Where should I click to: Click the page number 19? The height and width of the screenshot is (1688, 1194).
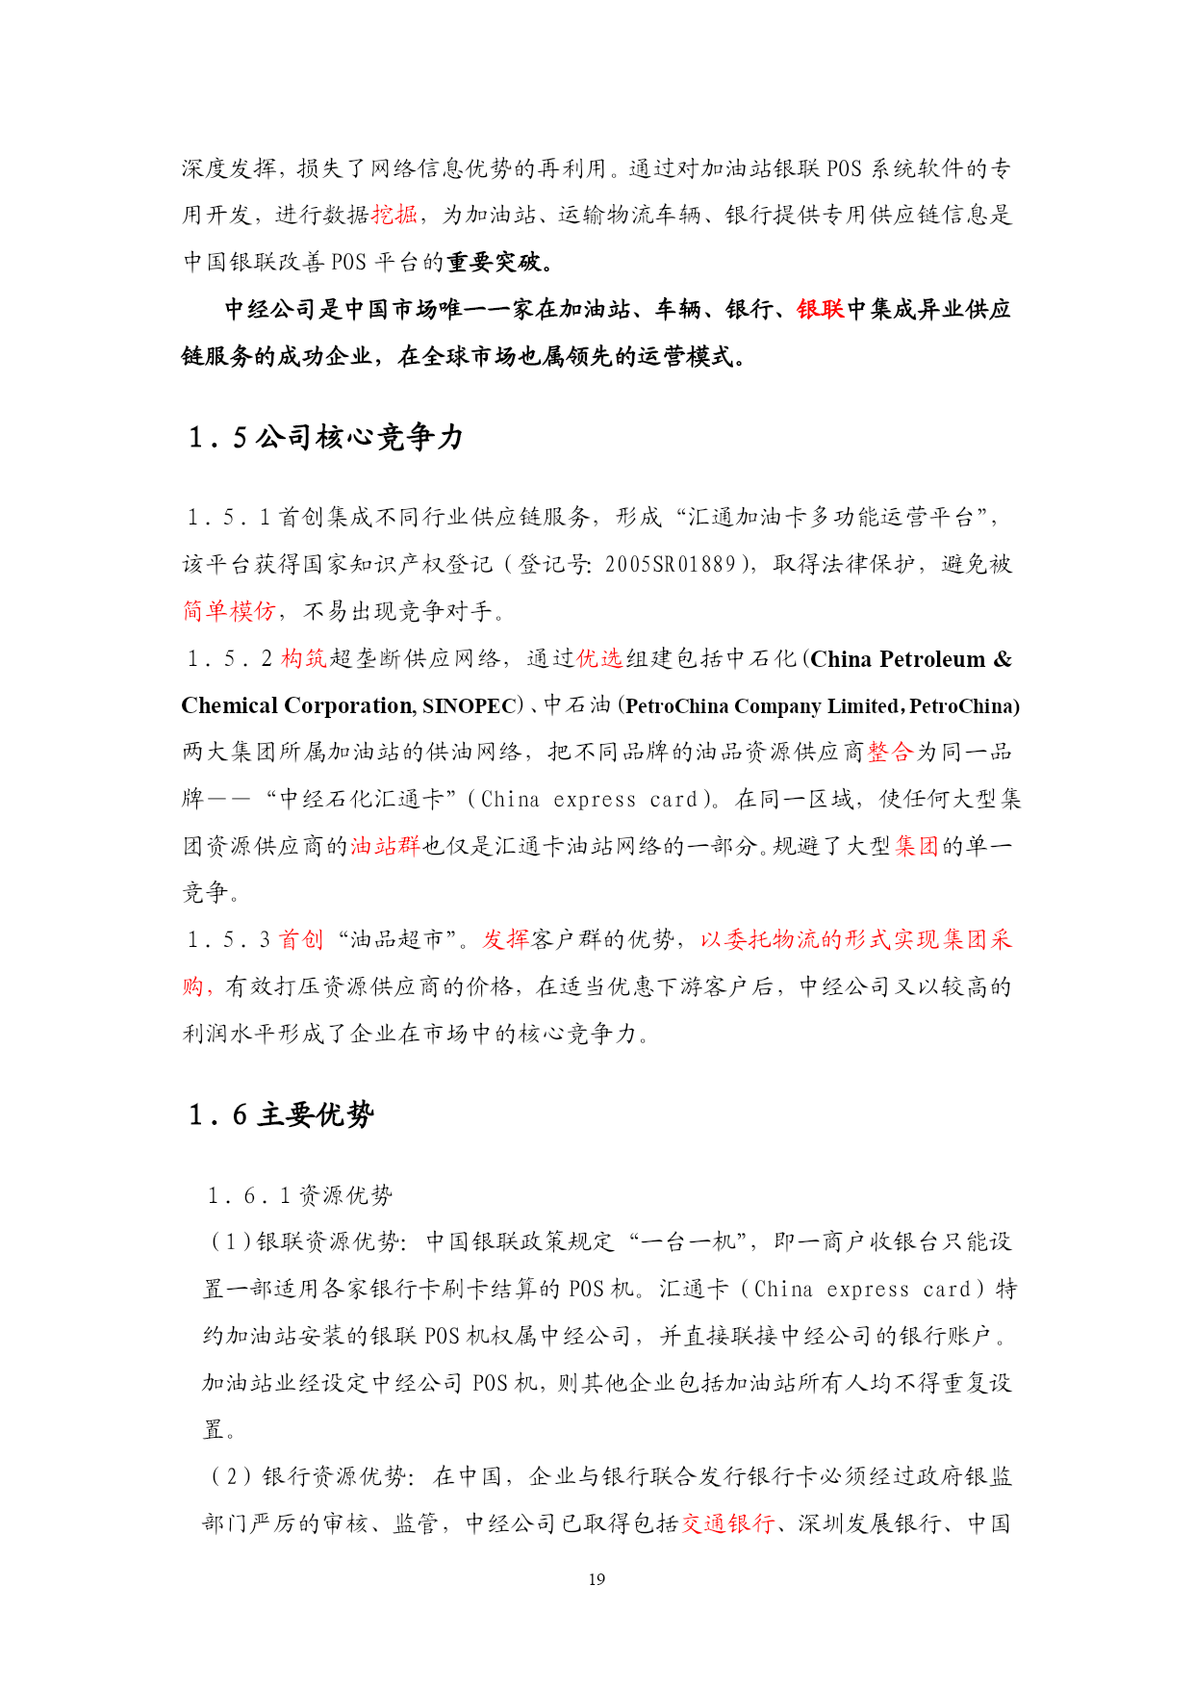(597, 1579)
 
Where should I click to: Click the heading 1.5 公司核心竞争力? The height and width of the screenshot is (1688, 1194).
(326, 437)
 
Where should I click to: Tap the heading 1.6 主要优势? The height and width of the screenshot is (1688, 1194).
(282, 1114)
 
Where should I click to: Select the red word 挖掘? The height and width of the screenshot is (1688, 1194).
(394, 215)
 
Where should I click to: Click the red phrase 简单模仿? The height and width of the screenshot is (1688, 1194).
(229, 611)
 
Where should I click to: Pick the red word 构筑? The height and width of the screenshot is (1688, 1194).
(304, 658)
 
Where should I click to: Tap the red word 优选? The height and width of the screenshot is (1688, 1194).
(599, 658)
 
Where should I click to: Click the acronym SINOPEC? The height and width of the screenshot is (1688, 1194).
(471, 705)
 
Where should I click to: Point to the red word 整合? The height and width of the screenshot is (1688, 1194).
(890, 752)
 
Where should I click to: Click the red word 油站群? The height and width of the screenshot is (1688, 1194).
(385, 846)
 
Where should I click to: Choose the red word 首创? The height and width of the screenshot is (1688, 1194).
(301, 939)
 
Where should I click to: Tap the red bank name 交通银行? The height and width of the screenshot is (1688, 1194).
(728, 1523)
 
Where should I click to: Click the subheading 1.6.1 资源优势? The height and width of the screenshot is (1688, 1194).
(300, 1195)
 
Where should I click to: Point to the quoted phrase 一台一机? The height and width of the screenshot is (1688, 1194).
(690, 1241)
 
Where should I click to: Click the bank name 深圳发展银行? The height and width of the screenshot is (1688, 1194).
(870, 1523)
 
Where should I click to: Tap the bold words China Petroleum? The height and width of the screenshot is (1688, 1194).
(899, 659)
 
